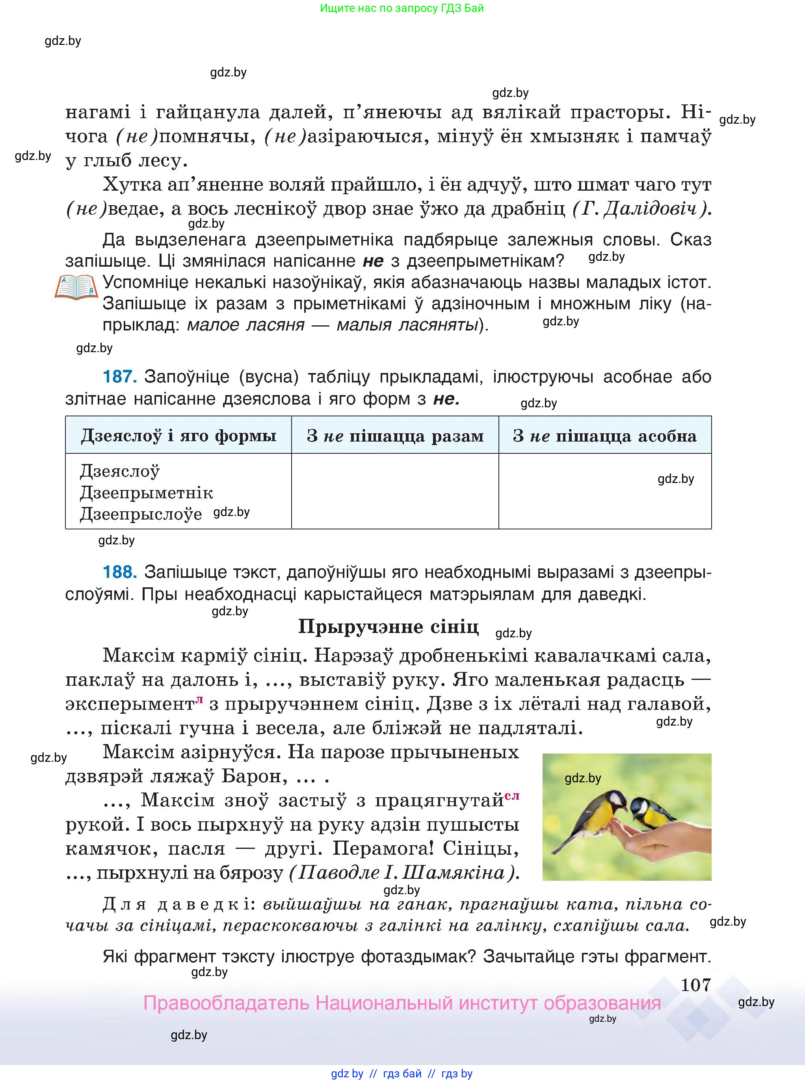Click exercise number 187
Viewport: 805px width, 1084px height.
[x=119, y=377]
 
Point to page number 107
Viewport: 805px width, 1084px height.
[x=695, y=985]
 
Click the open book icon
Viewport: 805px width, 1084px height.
[x=76, y=287]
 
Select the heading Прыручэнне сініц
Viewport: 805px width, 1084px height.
[x=389, y=627]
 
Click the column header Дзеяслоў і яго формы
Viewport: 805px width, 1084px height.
[x=178, y=436]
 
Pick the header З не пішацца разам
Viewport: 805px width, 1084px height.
[x=395, y=436]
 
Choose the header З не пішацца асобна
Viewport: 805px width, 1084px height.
[x=605, y=436]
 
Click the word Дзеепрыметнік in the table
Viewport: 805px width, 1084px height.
[x=146, y=492]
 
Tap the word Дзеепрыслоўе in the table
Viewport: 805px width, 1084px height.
[x=141, y=514]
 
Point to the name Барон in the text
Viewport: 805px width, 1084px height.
[x=254, y=776]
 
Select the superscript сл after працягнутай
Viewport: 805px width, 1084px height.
[x=512, y=796]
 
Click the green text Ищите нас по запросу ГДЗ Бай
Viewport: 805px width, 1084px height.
[x=402, y=8]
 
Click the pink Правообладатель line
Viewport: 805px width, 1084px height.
[x=402, y=1004]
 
